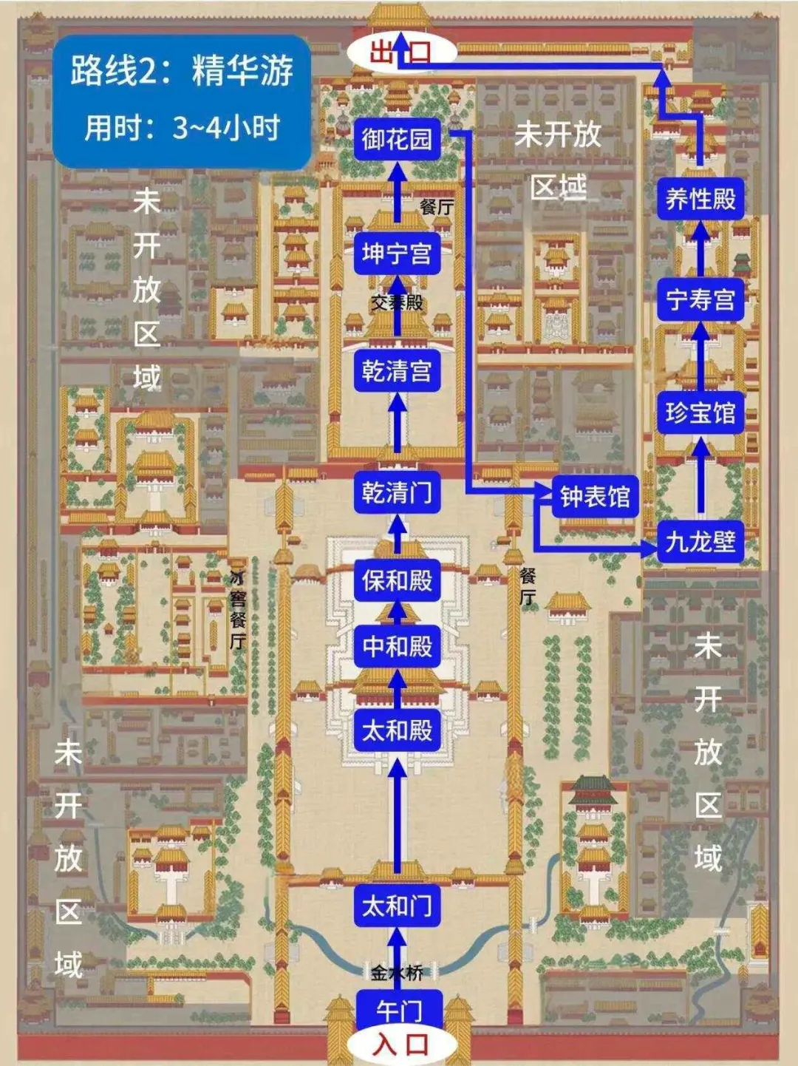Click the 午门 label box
tap(398, 1008)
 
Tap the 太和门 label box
tap(398, 906)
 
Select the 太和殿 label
tap(398, 730)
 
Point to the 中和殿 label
tap(398, 646)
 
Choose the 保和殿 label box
tap(398, 580)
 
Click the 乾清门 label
tap(398, 492)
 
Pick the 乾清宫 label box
tap(398, 370)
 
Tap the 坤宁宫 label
tap(398, 254)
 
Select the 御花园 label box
tap(398, 138)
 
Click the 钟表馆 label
tap(595, 497)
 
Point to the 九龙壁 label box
tap(700, 542)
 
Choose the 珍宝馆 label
tap(700, 413)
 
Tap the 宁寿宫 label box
tap(700, 299)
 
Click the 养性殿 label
tap(700, 198)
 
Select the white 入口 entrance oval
tap(400, 1045)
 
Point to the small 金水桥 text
tap(397, 973)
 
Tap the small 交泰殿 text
tap(397, 302)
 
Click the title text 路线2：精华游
tap(182, 71)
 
